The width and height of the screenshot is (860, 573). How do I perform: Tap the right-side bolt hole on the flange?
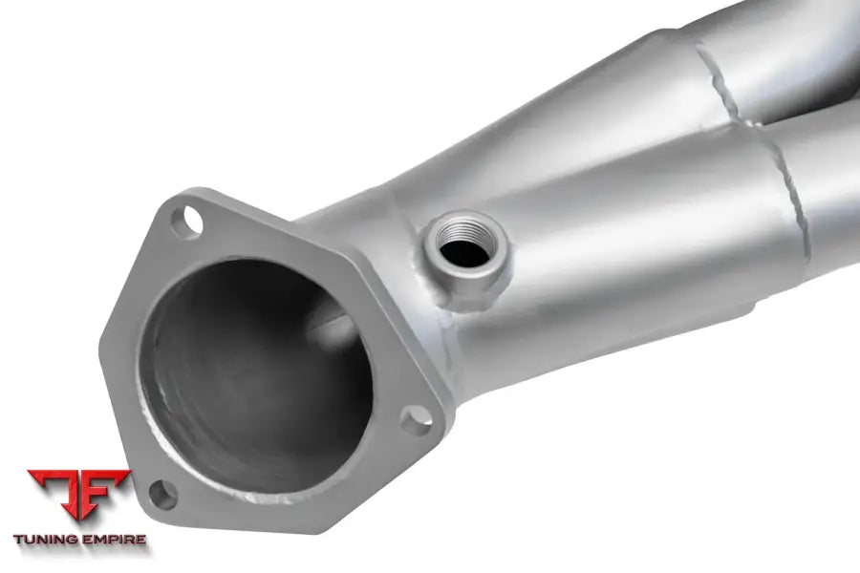click(x=416, y=420)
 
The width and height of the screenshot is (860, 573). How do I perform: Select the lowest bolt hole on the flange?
click(x=162, y=495)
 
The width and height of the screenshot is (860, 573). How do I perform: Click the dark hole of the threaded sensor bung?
click(x=464, y=252)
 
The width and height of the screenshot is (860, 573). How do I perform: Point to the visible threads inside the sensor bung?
click(x=465, y=230)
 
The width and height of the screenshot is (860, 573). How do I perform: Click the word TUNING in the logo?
click(x=46, y=539)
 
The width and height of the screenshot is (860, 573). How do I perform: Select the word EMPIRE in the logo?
click(x=114, y=539)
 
